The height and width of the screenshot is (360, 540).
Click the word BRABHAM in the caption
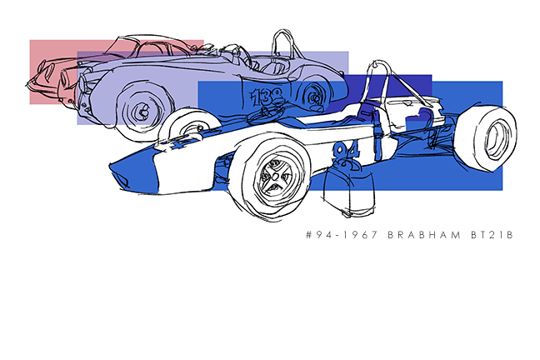[424, 235]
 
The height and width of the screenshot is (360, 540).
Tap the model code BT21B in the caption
[492, 235]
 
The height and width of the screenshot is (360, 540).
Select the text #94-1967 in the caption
[342, 235]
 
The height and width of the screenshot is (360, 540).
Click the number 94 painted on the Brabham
[346, 152]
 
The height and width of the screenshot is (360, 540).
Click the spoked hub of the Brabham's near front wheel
[274, 177]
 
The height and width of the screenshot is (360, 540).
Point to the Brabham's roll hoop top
[379, 62]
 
